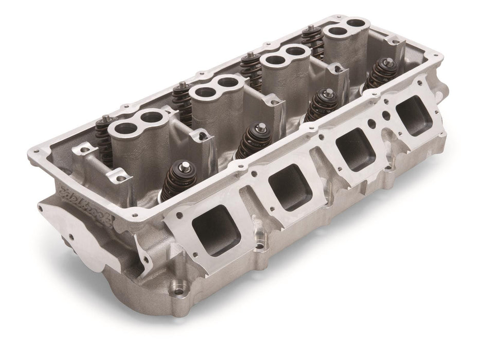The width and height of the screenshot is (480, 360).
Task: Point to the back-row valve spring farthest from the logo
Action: pos(311,36)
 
